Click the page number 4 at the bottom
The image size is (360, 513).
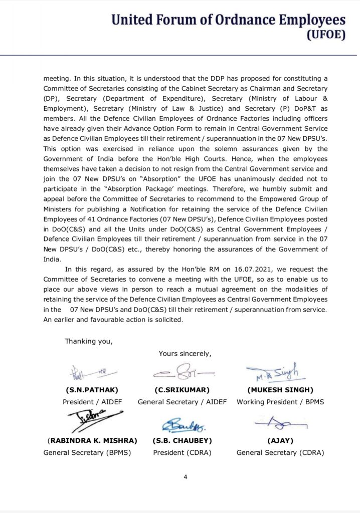pyautogui.click(x=185, y=476)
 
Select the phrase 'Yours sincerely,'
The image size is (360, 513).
pyautogui.click(x=185, y=353)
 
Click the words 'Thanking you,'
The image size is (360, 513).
pyautogui.click(x=89, y=341)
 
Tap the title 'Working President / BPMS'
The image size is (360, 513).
pyautogui.click(x=280, y=402)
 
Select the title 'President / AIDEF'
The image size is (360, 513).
pyautogui.click(x=92, y=402)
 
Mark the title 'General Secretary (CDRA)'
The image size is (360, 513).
pyautogui.click(x=280, y=452)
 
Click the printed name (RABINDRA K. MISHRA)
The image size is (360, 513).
pyautogui.click(x=92, y=440)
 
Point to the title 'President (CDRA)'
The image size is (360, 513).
pyautogui.click(x=182, y=452)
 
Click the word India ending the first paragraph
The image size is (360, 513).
pyautogui.click(x=51, y=259)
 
